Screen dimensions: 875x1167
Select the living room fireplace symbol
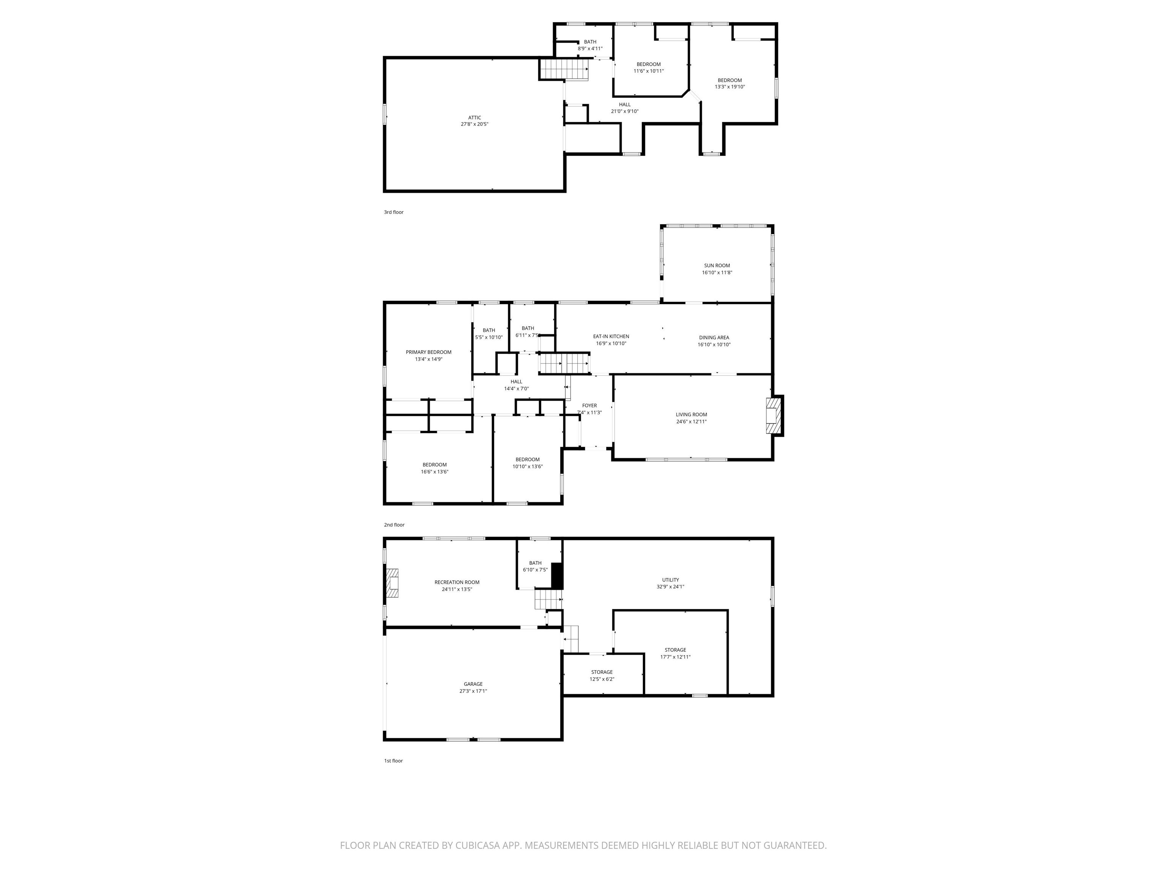pos(773,415)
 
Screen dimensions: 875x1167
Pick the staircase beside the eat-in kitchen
pos(563,364)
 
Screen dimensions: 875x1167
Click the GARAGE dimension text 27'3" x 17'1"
pos(473,691)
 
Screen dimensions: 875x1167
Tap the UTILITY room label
pos(670,580)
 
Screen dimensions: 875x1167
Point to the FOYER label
pos(589,406)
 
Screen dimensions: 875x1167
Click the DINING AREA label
pos(714,338)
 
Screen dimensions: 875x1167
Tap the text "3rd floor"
pos(394,212)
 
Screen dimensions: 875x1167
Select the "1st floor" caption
pos(393,761)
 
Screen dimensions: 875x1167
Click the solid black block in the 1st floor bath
pos(557,575)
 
